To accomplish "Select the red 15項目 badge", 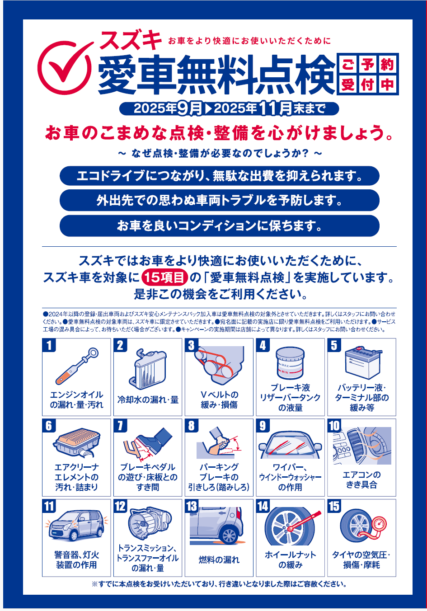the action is pos(165,278).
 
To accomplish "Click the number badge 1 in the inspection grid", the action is pos(49,345).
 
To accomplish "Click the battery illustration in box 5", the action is pos(363,363).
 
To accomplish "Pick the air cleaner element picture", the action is pos(76,442).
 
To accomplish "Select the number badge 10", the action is pos(334,426).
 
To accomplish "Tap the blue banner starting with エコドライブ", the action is pos(220,176).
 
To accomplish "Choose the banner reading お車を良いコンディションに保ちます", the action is pos(220,226).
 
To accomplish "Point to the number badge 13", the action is pos(192,506).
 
